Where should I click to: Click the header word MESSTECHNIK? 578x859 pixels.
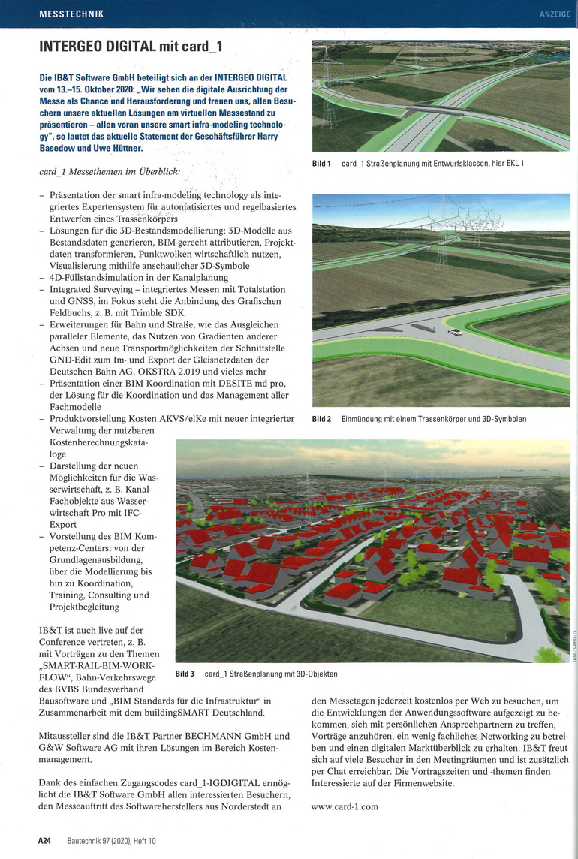(x=71, y=14)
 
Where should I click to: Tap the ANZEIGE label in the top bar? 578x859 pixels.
(x=555, y=14)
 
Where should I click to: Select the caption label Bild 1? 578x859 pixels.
(x=321, y=163)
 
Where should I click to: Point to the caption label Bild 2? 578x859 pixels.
(x=321, y=419)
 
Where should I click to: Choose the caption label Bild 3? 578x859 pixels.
(x=185, y=674)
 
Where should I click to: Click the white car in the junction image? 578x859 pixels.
(x=453, y=333)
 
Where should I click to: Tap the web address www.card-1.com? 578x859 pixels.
(x=345, y=806)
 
